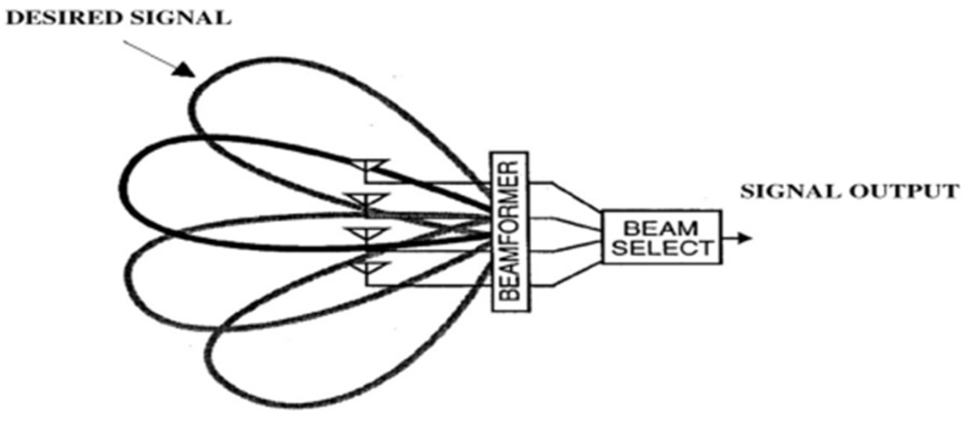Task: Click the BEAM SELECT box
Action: click(661, 237)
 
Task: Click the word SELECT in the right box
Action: click(661, 248)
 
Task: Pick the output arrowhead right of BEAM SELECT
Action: click(744, 238)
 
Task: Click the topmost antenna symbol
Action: click(370, 166)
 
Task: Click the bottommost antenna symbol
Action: click(368, 267)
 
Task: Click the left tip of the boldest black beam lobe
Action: click(129, 188)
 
